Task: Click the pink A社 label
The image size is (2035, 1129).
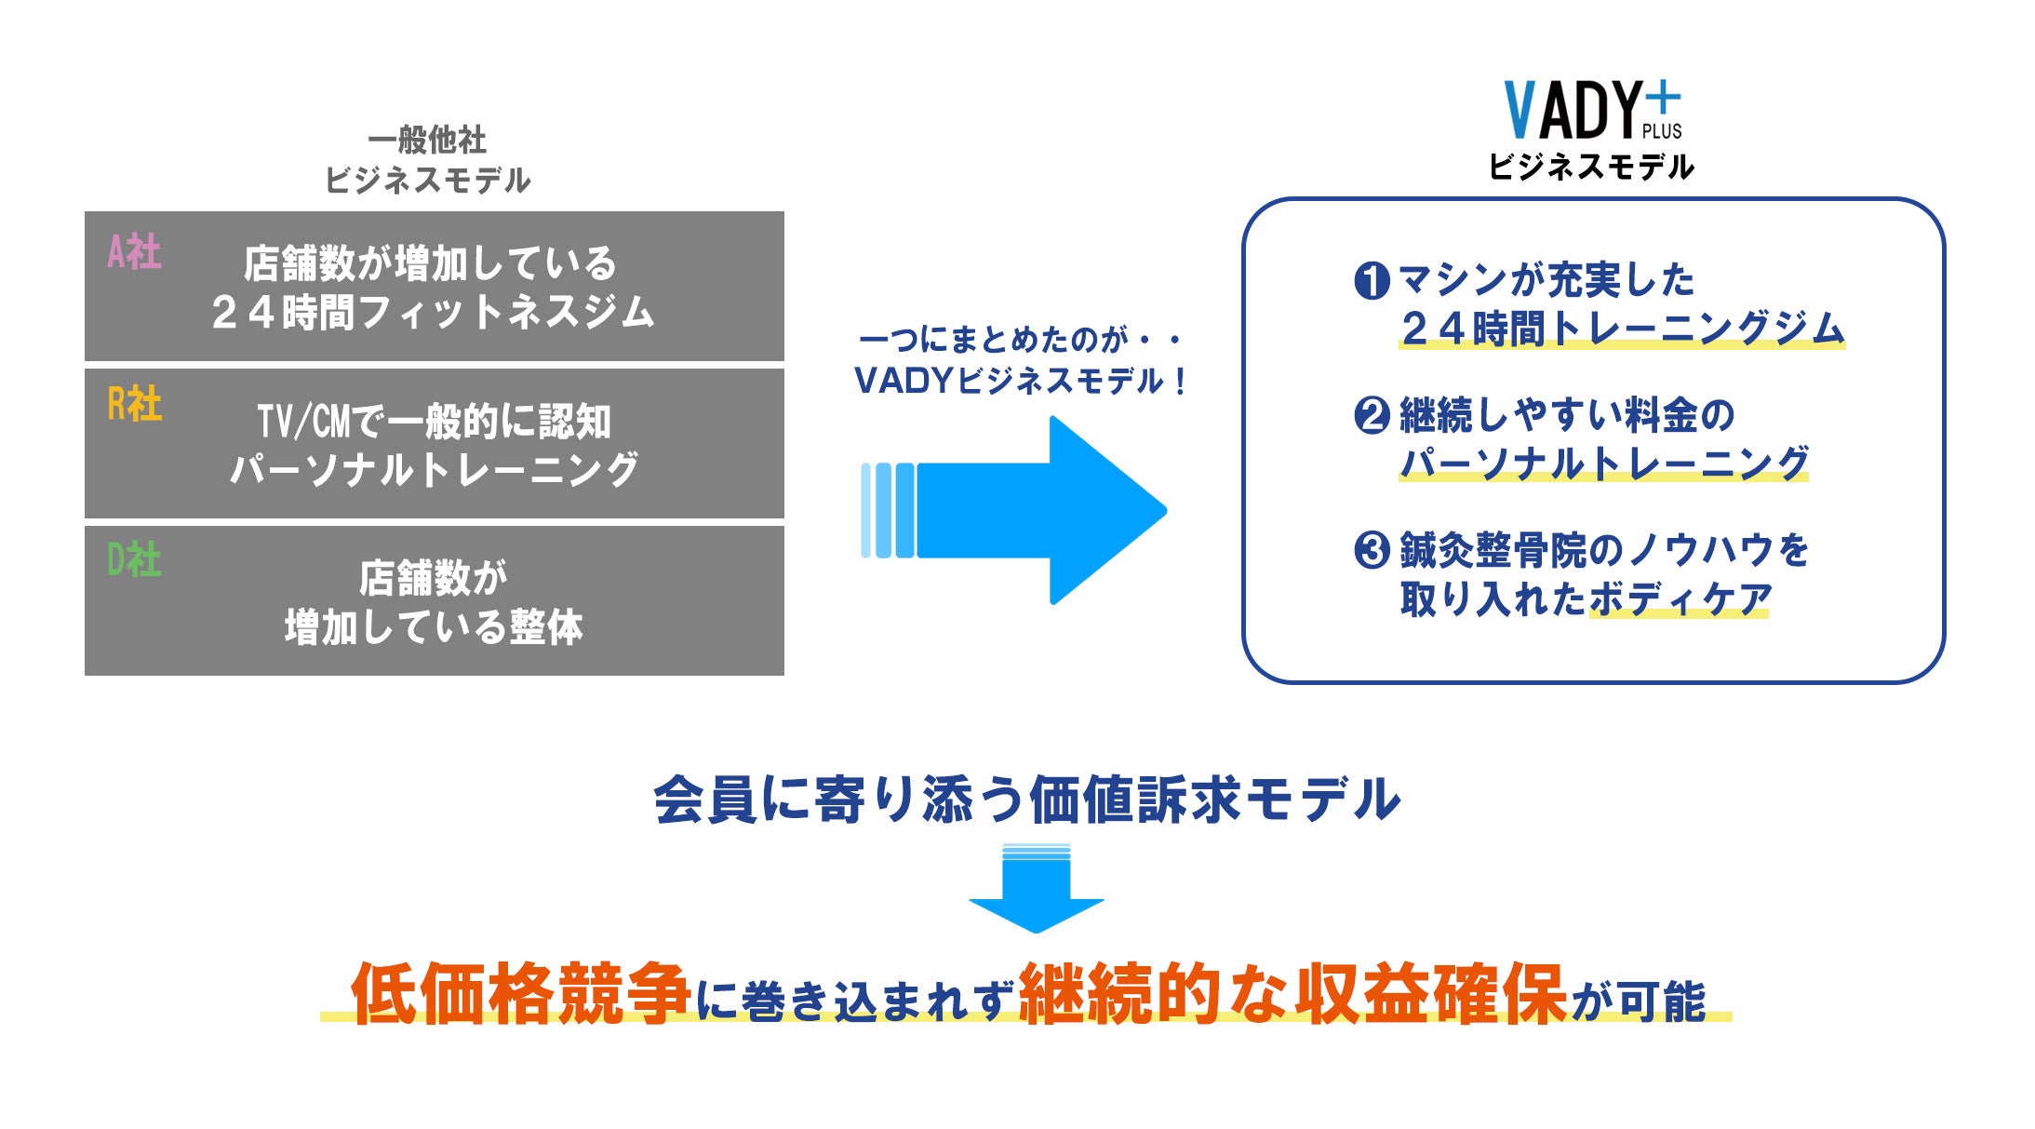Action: pyautogui.click(x=134, y=252)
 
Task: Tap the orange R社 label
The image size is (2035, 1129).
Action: pyautogui.click(x=134, y=405)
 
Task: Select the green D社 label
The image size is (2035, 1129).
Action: pyautogui.click(x=134, y=560)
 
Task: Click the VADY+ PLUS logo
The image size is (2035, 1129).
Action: pyautogui.click(x=1592, y=110)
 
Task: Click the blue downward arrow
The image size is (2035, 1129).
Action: pyautogui.click(x=1036, y=889)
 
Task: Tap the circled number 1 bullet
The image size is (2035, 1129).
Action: pyautogui.click(x=1372, y=280)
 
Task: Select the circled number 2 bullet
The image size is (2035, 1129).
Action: pyautogui.click(x=1372, y=415)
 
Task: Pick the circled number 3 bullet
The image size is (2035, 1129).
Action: pyautogui.click(x=1372, y=550)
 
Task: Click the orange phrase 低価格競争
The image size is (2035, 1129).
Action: pyautogui.click(x=520, y=994)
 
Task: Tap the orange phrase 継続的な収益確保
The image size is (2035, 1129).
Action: pyautogui.click(x=1292, y=994)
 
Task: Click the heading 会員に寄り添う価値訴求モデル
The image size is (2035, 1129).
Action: pyautogui.click(x=1026, y=800)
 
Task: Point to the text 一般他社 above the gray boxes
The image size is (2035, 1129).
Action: pyautogui.click(x=427, y=141)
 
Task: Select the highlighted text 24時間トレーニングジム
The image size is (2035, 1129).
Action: pyautogui.click(x=1622, y=329)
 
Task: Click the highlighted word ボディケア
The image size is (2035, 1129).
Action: pyautogui.click(x=1680, y=599)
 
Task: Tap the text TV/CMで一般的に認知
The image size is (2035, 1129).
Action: pyautogui.click(x=435, y=422)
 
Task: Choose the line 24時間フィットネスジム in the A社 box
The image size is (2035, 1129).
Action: pyautogui.click(x=434, y=313)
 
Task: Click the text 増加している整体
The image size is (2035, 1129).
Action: pyautogui.click(x=434, y=627)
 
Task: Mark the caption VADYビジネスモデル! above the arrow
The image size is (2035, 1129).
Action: pyautogui.click(x=1020, y=381)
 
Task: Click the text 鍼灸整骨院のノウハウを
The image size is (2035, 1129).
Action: pyautogui.click(x=1604, y=550)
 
